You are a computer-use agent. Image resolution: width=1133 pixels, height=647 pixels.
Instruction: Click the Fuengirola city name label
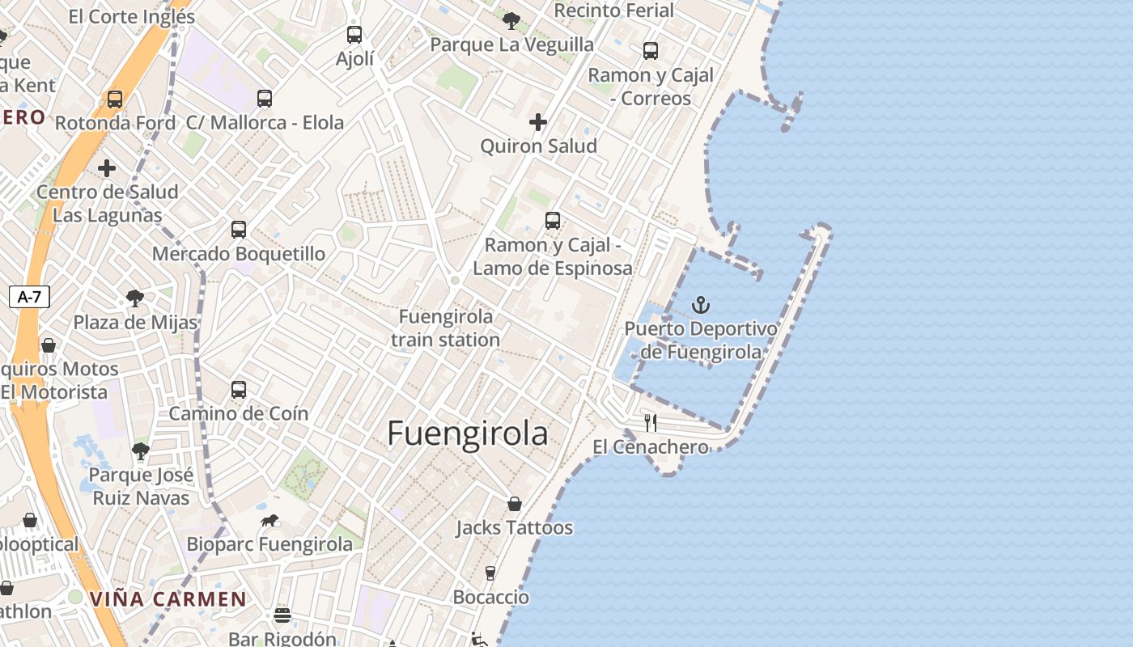pyautogui.click(x=468, y=434)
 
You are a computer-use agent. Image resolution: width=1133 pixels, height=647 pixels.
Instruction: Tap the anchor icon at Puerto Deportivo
pyautogui.click(x=701, y=305)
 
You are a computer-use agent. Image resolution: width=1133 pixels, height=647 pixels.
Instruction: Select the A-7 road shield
pyautogui.click(x=29, y=297)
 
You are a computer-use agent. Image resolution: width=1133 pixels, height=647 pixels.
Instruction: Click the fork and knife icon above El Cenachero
pyautogui.click(x=651, y=422)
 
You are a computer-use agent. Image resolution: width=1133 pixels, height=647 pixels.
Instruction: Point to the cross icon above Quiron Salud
pyautogui.click(x=538, y=122)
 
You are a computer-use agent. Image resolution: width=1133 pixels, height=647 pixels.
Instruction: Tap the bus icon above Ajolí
pyautogui.click(x=354, y=35)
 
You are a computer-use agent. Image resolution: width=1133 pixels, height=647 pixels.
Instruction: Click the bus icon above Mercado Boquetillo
pyautogui.click(x=239, y=230)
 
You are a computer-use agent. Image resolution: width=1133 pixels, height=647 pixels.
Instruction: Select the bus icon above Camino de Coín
pyautogui.click(x=239, y=390)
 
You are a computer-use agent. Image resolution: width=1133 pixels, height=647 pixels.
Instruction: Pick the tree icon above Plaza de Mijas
pyautogui.click(x=135, y=298)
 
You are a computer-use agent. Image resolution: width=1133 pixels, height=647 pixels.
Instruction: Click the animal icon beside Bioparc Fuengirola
pyautogui.click(x=269, y=520)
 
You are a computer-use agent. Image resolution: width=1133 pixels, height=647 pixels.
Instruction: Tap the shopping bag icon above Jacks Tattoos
pyautogui.click(x=515, y=504)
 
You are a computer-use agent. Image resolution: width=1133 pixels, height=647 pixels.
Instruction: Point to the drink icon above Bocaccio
pyautogui.click(x=490, y=573)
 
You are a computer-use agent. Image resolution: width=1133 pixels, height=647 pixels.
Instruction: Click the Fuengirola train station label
pyautogui.click(x=446, y=328)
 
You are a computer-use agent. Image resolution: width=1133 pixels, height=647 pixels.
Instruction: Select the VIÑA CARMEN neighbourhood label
pyautogui.click(x=168, y=599)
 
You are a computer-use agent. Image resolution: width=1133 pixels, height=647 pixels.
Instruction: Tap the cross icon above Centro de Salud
pyautogui.click(x=107, y=168)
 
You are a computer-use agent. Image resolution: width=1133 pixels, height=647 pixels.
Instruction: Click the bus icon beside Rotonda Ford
pyautogui.click(x=115, y=99)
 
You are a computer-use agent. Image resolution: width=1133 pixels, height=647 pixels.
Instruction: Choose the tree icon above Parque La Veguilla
pyautogui.click(x=511, y=20)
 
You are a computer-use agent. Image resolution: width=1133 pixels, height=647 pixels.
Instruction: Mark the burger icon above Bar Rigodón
pyautogui.click(x=282, y=615)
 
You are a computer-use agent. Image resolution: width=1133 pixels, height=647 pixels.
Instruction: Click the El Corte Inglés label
pyautogui.click(x=132, y=15)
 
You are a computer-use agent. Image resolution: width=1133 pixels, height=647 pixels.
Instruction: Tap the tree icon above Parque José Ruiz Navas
pyautogui.click(x=141, y=451)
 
